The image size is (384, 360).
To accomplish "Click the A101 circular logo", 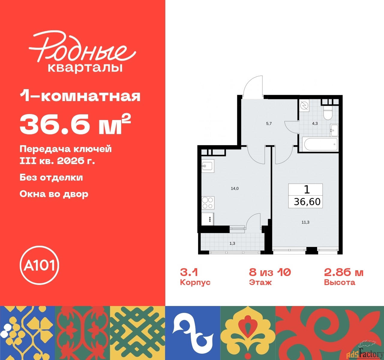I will pyautogui.click(x=39, y=265).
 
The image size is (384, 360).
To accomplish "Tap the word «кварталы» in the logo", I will pyautogui.click(x=85, y=67).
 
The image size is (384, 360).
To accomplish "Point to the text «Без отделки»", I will pyautogui.click(x=51, y=177).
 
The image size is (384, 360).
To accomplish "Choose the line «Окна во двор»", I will pyautogui.click(x=54, y=194).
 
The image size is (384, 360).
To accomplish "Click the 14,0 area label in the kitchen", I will pyautogui.click(x=235, y=188).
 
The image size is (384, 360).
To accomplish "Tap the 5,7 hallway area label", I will pyautogui.click(x=269, y=123).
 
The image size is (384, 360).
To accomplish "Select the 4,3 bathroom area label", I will pyautogui.click(x=315, y=123).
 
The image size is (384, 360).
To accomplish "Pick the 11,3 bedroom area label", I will pyautogui.click(x=305, y=222).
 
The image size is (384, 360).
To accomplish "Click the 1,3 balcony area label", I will pyautogui.click(x=232, y=243).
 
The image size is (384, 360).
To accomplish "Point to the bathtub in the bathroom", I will pyautogui.click(x=321, y=145).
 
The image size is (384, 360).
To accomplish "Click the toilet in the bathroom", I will pyautogui.click(x=328, y=112).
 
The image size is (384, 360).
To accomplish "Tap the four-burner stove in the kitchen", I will pyautogui.click(x=208, y=202).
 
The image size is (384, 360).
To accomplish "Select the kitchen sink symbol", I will pyautogui.click(x=208, y=166).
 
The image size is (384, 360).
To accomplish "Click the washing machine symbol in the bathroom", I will pyautogui.click(x=304, y=106).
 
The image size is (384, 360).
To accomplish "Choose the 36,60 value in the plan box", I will pyautogui.click(x=307, y=202).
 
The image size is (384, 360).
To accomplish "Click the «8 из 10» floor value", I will pyautogui.click(x=270, y=272).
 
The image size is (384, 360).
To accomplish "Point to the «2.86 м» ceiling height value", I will pyautogui.click(x=343, y=272).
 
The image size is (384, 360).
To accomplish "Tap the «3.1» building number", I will pyautogui.click(x=189, y=272).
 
